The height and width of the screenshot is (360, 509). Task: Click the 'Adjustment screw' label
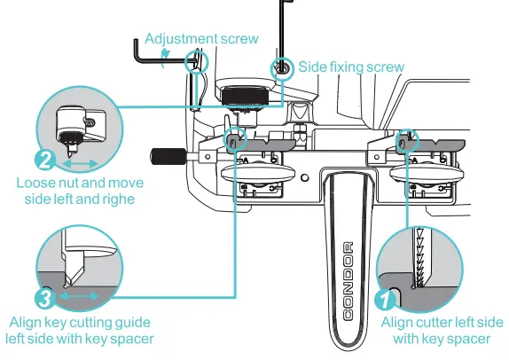201,39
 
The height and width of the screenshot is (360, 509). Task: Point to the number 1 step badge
384,300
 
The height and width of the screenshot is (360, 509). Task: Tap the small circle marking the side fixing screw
282,67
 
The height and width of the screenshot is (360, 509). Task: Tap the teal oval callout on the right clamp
405,140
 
